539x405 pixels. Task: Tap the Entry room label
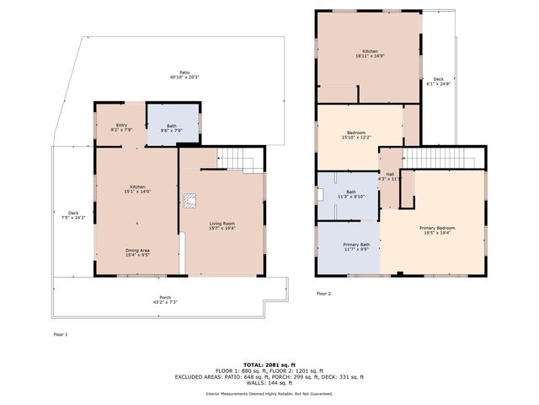[x=121, y=127]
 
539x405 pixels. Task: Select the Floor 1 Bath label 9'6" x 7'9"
[x=172, y=128]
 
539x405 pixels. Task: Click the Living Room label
[x=223, y=225]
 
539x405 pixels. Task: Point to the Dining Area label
[x=138, y=252]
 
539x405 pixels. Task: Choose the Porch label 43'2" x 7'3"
[x=165, y=300]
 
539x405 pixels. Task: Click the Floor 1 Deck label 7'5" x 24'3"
[x=73, y=215]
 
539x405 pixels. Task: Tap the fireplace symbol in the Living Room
[x=191, y=200]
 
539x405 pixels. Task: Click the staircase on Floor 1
[x=235, y=157]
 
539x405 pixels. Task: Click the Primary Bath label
[x=356, y=246]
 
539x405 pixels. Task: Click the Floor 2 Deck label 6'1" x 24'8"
[x=438, y=81]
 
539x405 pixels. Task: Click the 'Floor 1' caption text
[x=60, y=334]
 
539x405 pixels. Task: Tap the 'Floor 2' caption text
[x=323, y=294]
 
